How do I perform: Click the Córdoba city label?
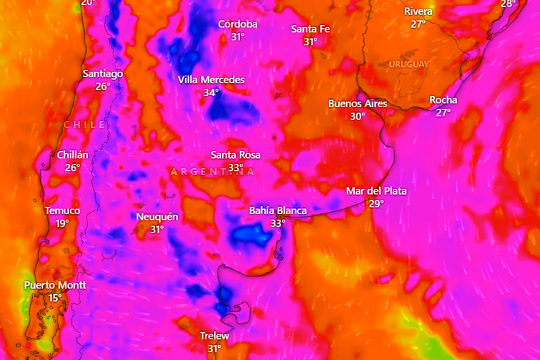[238, 24]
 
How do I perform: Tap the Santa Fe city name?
[310, 29]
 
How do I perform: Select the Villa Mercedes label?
[211, 80]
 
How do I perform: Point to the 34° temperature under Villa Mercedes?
[211, 93]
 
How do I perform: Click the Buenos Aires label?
[357, 103]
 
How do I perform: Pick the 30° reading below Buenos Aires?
[358, 116]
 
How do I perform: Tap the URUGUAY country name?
[409, 64]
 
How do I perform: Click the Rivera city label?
[418, 12]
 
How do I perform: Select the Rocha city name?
[443, 100]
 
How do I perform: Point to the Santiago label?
[103, 74]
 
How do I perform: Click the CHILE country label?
[85, 125]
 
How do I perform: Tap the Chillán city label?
[72, 155]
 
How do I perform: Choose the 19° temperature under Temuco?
[63, 223]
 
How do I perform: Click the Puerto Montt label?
[55, 285]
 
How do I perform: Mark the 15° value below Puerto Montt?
[55, 297]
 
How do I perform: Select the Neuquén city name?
[157, 217]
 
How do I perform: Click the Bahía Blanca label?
[278, 211]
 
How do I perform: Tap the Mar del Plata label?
[376, 191]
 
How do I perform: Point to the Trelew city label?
[214, 336]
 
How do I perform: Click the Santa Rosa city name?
[235, 155]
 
